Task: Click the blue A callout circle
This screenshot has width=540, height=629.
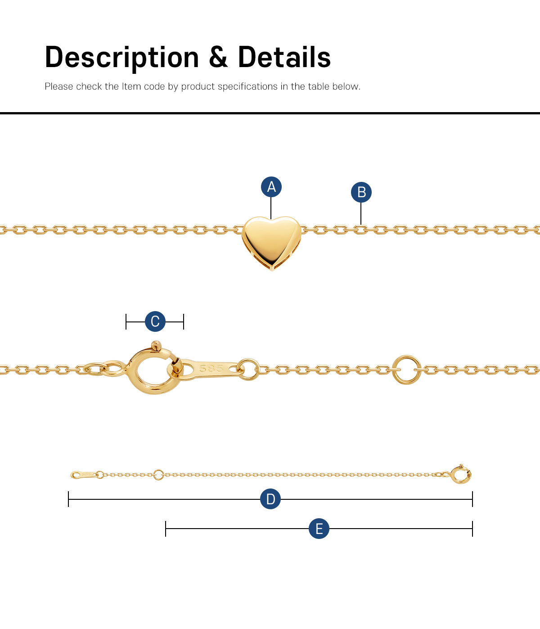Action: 271,186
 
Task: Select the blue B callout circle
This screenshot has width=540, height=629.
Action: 361,192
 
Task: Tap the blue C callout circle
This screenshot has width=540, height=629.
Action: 155,321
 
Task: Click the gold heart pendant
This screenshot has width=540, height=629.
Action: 271,243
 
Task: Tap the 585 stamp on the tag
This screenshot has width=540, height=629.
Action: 211,368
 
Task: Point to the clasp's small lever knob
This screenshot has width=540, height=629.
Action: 156,345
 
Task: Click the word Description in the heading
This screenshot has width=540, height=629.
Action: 122,58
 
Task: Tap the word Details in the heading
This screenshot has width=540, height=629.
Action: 284,57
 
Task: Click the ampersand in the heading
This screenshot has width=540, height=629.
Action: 218,57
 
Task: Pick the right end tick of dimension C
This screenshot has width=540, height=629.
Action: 184,321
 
